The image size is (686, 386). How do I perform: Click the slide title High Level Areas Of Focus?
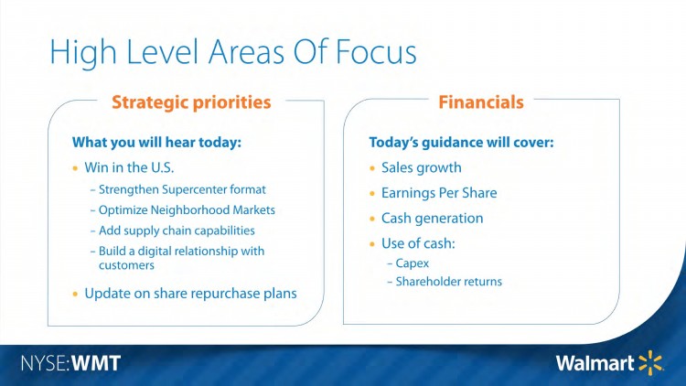pyautogui.click(x=232, y=51)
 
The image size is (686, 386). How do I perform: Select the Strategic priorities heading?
pyautogui.click(x=191, y=102)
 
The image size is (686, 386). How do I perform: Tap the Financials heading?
pyautogui.click(x=481, y=102)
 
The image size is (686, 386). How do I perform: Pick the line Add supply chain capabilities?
pyautogui.click(x=177, y=230)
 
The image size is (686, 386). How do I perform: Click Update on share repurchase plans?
pyautogui.click(x=190, y=293)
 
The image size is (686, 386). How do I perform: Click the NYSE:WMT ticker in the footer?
pyautogui.click(x=70, y=363)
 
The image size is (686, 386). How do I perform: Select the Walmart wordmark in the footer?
pyautogui.click(x=595, y=363)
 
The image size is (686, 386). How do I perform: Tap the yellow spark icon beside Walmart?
pyautogui.click(x=651, y=362)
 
